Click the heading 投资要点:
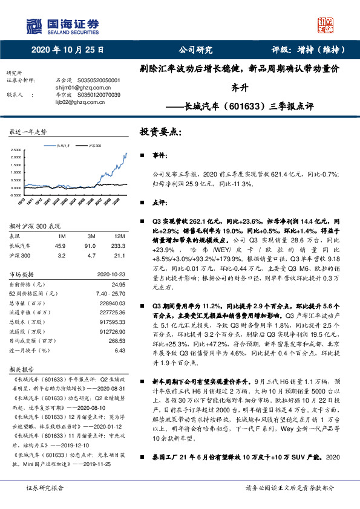pyautogui.click(x=160, y=131)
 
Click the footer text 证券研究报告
pyautogui.click(x=44, y=487)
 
